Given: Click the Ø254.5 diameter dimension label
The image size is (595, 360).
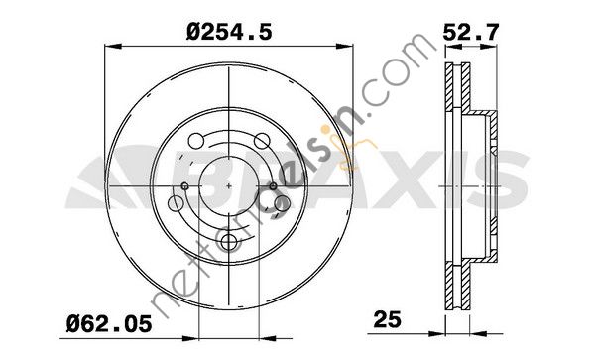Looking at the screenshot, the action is [x=229, y=32].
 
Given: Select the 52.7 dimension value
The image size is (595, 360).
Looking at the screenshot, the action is [x=470, y=32].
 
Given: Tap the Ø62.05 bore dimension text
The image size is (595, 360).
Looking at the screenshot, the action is [x=109, y=324].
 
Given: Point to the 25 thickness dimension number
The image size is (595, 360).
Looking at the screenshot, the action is [x=387, y=319].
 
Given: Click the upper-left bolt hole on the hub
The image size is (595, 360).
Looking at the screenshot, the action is [x=196, y=141].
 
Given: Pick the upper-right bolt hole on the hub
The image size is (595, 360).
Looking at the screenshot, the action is [x=262, y=141].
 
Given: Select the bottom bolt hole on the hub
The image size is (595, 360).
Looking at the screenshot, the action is [x=229, y=242].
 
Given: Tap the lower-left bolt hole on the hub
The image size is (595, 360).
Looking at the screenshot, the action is [x=176, y=203].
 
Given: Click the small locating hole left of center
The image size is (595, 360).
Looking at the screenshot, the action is [x=185, y=186].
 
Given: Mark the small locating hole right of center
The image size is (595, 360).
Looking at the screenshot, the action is [x=273, y=186].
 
